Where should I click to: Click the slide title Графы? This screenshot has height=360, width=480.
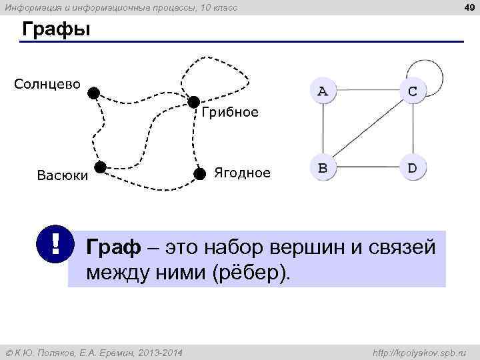56,31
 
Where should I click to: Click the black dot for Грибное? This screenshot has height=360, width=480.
193,102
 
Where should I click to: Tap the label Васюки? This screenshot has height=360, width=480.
62,175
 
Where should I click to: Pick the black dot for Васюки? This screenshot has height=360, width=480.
101,167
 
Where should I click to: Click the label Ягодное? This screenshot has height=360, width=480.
242,173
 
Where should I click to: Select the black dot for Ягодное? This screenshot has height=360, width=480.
199,174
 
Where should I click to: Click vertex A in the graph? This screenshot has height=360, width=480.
323,91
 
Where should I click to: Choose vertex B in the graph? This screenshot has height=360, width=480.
323,168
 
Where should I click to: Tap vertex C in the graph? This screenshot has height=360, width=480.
413,91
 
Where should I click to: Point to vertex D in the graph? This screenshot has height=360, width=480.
413,168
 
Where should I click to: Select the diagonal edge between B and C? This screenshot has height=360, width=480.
367,130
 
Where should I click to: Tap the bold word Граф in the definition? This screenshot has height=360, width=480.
113,248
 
